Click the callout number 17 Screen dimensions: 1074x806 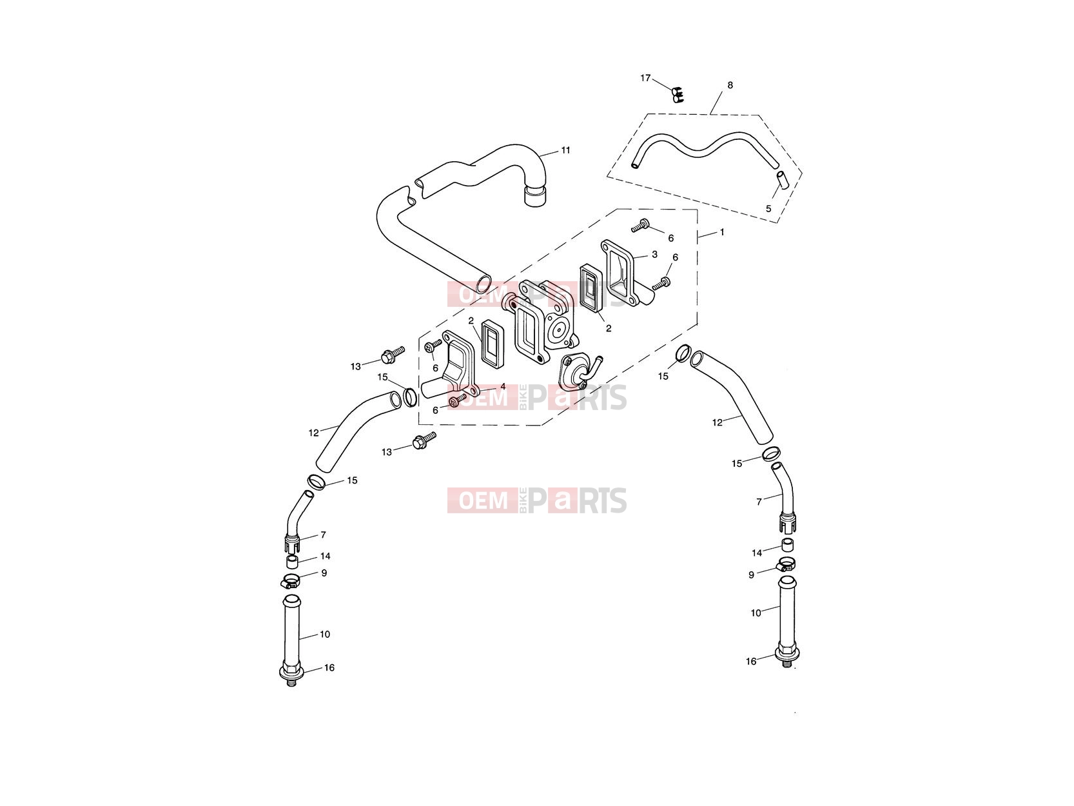pyautogui.click(x=645, y=78)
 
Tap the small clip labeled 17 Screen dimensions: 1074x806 pyautogui.click(x=677, y=94)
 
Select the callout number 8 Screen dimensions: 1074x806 pyautogui.click(x=730, y=85)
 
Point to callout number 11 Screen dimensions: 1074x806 pyautogui.click(x=565, y=150)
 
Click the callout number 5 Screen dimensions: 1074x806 pyautogui.click(x=768, y=209)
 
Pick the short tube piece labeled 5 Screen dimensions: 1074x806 pyautogui.click(x=783, y=180)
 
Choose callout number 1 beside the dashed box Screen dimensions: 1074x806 pyautogui.click(x=722, y=232)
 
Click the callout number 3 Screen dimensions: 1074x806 pyautogui.click(x=655, y=255)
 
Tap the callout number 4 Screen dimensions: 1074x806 pyautogui.click(x=502, y=387)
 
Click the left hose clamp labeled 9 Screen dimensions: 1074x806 pyautogui.click(x=290, y=582)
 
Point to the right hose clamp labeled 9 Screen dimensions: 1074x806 pyautogui.click(x=785, y=565)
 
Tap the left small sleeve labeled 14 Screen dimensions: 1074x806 pyautogui.click(x=292, y=562)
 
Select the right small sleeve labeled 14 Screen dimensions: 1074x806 pyautogui.click(x=787, y=545)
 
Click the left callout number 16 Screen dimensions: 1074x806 pyautogui.click(x=329, y=667)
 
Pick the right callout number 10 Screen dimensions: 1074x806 pyautogui.click(x=756, y=613)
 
